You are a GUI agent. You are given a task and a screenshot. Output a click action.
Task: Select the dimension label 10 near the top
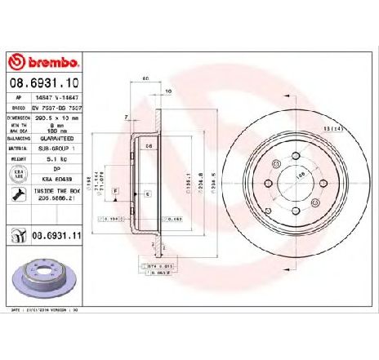pyautogui.click(x=167, y=92)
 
